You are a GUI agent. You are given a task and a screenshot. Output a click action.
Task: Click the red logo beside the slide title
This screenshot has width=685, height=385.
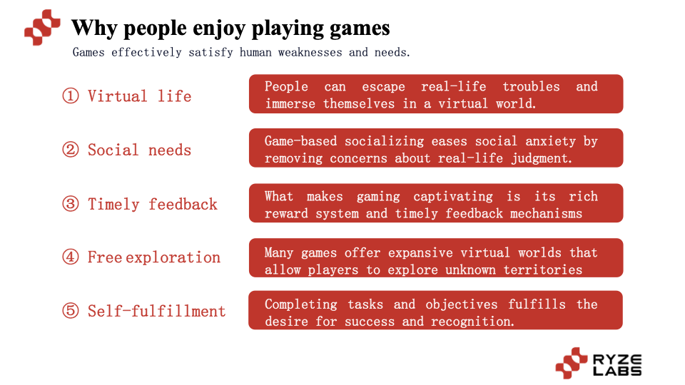tap(42, 28)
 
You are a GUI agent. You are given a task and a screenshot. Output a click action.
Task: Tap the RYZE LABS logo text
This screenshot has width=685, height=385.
tap(617, 365)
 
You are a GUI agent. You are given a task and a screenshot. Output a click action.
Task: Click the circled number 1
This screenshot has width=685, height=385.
tap(71, 96)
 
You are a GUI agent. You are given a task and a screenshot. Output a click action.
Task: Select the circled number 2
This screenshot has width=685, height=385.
tap(71, 150)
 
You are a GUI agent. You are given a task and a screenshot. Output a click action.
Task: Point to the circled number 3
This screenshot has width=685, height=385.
tap(71, 204)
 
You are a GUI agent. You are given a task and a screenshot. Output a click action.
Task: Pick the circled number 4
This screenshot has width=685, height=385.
tap(71, 257)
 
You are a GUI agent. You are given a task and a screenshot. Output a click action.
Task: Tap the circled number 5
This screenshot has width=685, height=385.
tap(71, 311)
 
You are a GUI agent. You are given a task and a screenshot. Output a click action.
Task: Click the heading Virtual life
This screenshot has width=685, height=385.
tap(139, 96)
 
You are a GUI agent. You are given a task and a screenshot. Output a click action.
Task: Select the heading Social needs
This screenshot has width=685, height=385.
tap(139, 150)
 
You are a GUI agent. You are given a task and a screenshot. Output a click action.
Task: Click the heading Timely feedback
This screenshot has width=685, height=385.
tap(153, 205)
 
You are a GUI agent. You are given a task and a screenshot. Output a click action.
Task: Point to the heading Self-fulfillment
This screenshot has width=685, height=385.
tap(156, 312)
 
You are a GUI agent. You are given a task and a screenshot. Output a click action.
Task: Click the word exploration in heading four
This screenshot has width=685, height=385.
tap(173, 257)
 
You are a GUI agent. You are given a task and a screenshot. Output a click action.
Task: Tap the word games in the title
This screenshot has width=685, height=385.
tap(360, 29)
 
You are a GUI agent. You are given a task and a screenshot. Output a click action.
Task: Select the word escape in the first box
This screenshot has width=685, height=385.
tap(383, 86)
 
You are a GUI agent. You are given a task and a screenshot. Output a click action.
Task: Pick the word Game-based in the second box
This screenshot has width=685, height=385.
tap(300, 141)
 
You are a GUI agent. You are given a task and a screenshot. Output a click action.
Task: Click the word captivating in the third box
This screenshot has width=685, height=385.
tap(453, 197)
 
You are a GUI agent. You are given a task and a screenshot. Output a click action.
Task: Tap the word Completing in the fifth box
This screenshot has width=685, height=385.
tap(300, 304)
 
